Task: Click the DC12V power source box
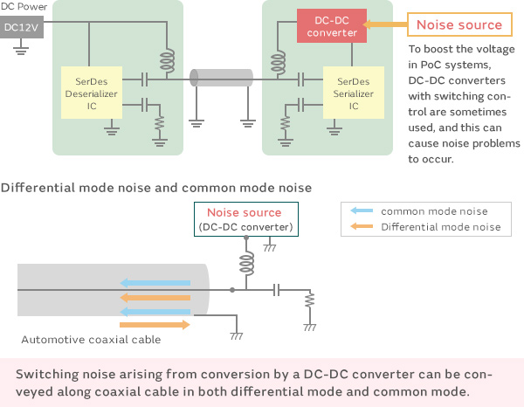[20, 27]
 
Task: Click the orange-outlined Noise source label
[459, 24]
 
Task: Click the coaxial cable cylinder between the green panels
[223, 80]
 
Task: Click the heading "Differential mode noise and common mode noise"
[157, 188]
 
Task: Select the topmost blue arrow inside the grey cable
[155, 282]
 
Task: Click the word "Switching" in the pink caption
[49, 374]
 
